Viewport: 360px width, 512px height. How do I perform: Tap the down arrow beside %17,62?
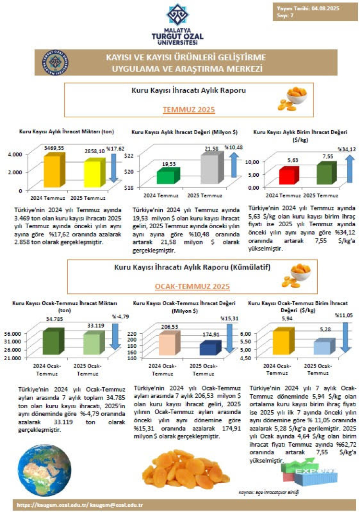click(114, 166)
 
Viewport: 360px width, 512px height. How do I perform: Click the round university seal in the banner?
click(55, 63)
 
